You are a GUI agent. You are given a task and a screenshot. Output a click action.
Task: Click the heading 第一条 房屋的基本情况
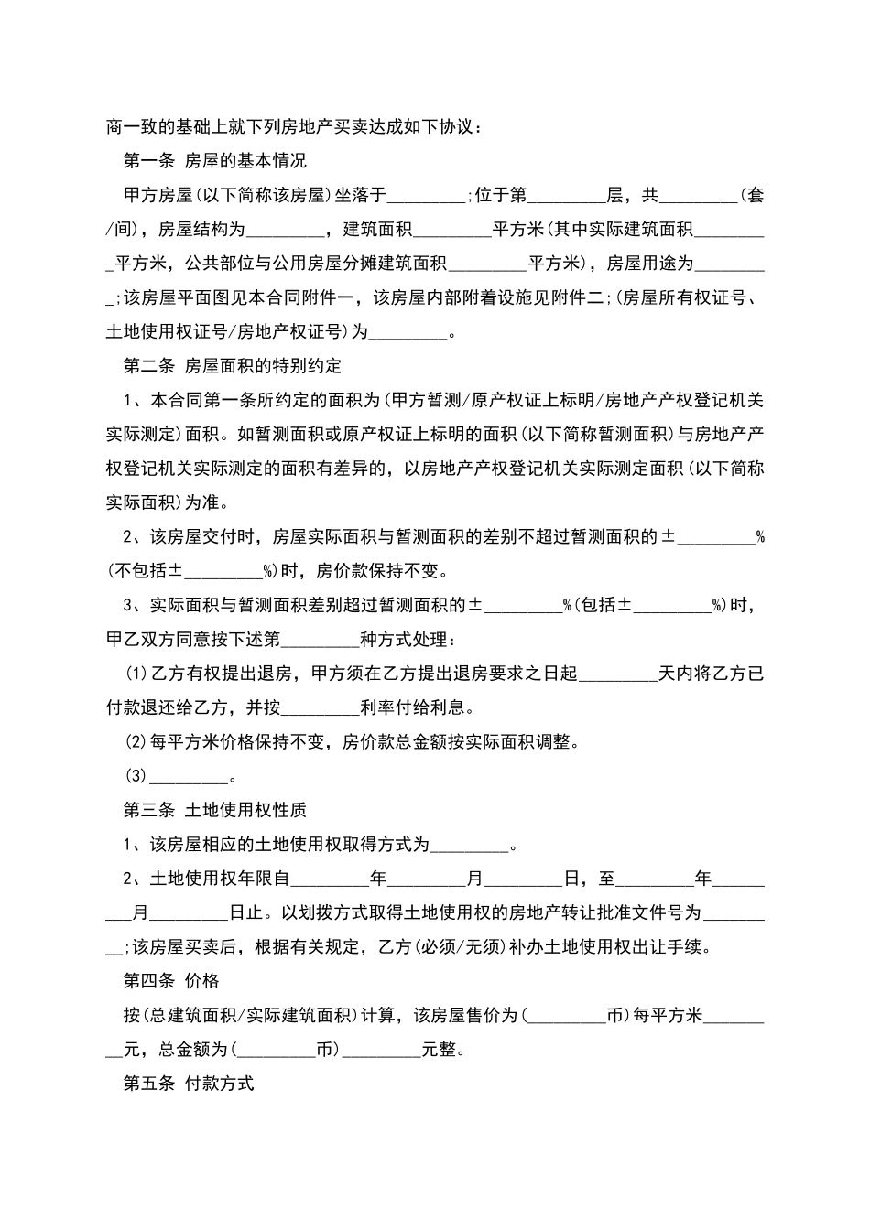point(215,161)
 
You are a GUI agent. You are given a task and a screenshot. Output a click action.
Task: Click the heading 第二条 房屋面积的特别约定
point(233,366)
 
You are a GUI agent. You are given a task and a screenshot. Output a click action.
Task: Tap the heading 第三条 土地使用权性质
point(215,810)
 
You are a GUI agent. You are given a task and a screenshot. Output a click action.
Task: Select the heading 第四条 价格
point(171,981)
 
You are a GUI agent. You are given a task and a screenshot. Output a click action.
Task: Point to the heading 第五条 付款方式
point(189,1084)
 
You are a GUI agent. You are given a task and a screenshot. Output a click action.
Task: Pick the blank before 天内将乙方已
point(618,674)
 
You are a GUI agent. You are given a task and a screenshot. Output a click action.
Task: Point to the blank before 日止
point(189,913)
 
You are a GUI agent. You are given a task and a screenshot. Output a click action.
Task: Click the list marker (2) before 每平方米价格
point(136,742)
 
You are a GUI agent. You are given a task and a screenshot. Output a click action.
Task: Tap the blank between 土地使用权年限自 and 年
point(330,879)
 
